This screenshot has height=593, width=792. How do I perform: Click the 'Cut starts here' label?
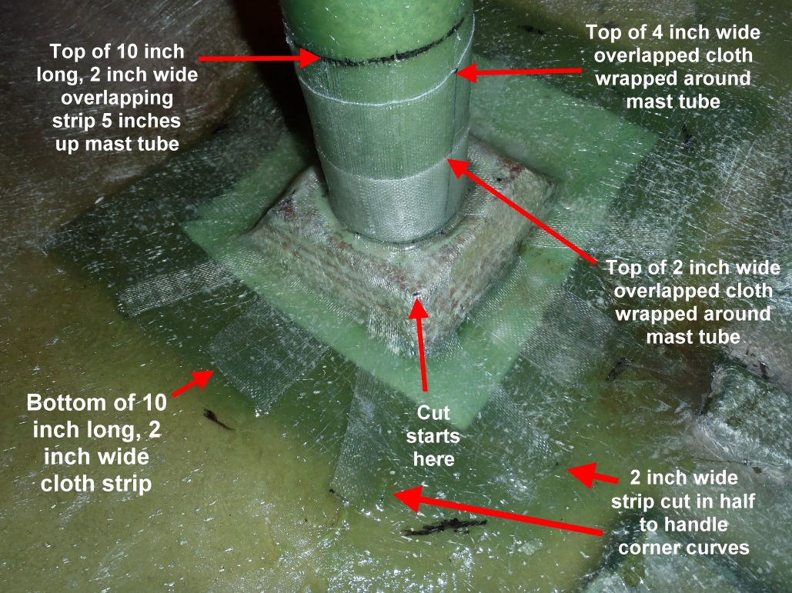point(433,436)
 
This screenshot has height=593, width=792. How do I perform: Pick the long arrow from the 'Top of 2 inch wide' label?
point(523,211)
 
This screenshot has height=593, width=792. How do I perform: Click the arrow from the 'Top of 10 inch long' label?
point(259,59)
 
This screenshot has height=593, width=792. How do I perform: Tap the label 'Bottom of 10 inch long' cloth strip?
point(96,443)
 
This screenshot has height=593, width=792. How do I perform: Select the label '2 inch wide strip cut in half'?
point(683,512)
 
